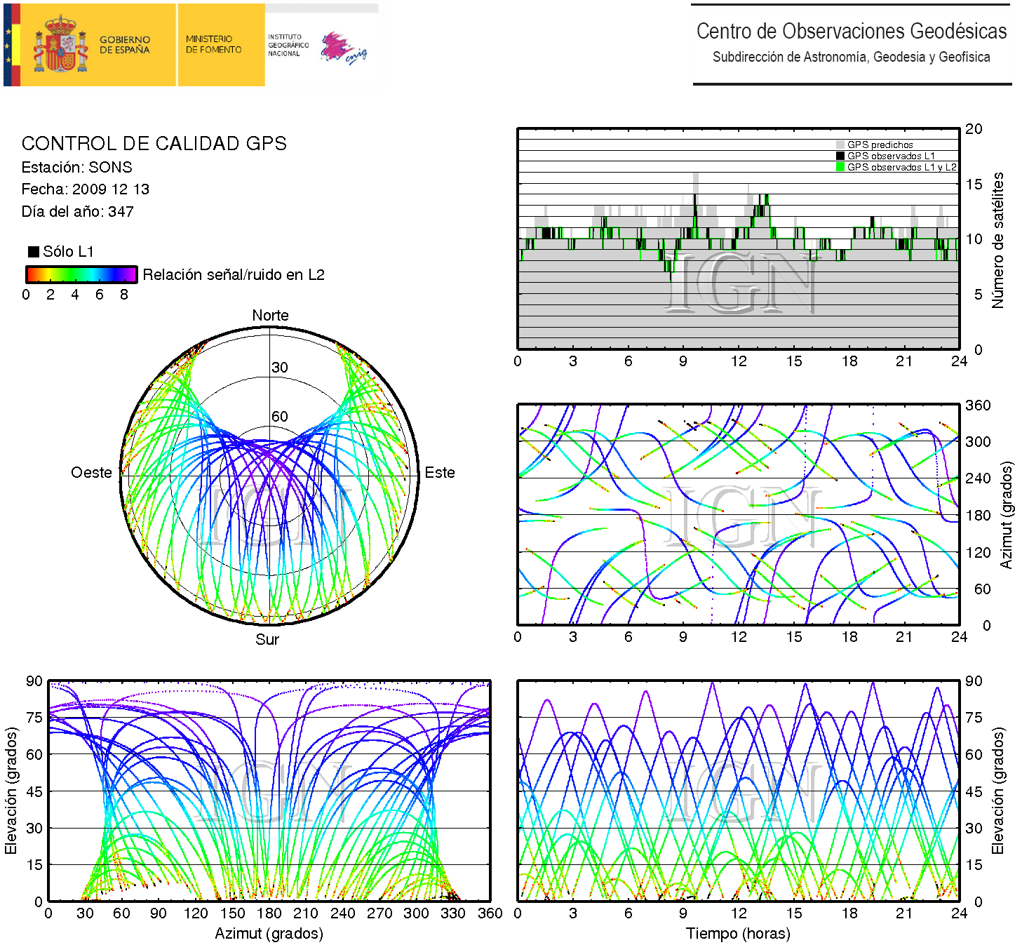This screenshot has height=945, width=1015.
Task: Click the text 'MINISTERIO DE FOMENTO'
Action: [x=213, y=44]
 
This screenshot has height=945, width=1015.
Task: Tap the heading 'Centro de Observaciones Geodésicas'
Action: [x=851, y=32]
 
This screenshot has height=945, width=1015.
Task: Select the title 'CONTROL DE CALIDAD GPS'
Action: [x=154, y=144]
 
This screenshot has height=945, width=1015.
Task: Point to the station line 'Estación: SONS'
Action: [x=76, y=168]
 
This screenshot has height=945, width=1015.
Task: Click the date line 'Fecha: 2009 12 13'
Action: [x=85, y=189]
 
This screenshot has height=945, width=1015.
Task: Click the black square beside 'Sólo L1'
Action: [x=33, y=252]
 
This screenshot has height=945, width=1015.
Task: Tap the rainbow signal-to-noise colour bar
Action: [x=81, y=274]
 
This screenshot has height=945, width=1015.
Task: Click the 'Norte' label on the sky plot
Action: [x=270, y=316]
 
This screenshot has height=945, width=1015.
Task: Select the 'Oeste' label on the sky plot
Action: [x=91, y=473]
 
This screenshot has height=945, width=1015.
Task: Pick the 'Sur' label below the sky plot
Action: [x=267, y=640]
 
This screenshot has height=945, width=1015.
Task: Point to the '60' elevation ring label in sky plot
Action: [x=280, y=417]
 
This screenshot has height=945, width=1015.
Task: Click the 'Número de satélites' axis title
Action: [x=997, y=240]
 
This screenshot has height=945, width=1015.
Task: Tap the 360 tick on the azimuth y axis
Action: [x=978, y=406]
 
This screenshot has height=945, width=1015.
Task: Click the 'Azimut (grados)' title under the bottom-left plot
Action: [x=269, y=934]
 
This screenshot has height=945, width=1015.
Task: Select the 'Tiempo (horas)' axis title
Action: [x=738, y=934]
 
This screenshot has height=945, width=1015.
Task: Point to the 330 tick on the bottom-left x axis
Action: [x=452, y=913]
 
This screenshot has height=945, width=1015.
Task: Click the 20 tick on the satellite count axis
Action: [x=974, y=129]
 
